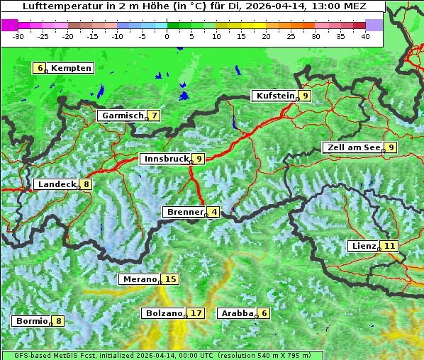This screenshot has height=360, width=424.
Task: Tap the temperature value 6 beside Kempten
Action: pos(40,68)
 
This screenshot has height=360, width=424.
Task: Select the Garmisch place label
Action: pos(122,116)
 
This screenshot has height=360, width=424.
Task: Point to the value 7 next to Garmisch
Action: pos(153,116)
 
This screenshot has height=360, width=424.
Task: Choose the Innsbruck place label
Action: pos(165,159)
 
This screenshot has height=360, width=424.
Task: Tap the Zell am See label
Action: pos(352,147)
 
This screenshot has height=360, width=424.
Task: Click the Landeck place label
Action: pos(57,184)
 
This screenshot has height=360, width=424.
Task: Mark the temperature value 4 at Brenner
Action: pos(213,212)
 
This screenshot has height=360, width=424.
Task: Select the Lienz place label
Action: pos(363,246)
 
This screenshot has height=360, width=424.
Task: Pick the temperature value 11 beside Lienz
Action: pos(390,246)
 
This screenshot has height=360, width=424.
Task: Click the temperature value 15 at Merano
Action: pos(171,279)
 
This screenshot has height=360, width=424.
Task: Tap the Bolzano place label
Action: pos(163,313)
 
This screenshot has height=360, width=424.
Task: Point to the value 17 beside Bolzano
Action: pos(196,313)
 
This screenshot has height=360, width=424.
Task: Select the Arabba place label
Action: pos(237,313)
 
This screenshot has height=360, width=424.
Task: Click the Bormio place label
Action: pos(32,321)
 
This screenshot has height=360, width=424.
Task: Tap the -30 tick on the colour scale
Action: pos(18,35)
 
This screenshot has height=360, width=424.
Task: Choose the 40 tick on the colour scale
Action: pos(365,35)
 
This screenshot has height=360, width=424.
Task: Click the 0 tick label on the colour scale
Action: pos(167,35)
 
